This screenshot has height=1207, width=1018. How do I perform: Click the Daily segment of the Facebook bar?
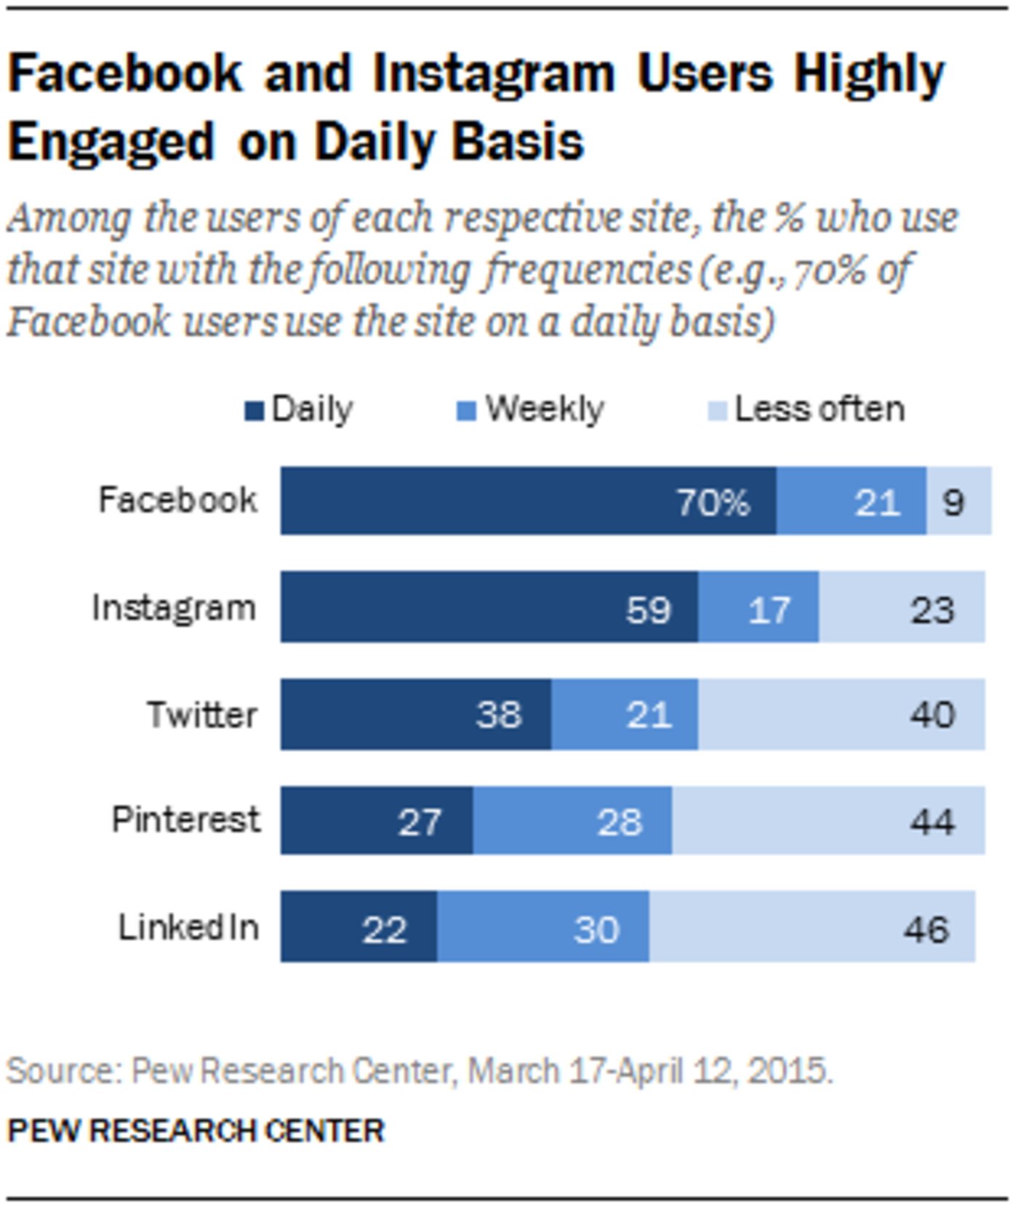click(528, 501)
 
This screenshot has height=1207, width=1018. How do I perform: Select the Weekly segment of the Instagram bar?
click(758, 607)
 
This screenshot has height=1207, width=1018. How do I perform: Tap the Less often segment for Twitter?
click(841, 714)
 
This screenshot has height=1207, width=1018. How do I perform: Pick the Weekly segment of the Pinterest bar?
click(572, 820)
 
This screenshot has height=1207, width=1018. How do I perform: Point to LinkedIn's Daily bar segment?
click(358, 927)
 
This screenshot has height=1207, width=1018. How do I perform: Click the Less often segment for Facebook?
click(958, 501)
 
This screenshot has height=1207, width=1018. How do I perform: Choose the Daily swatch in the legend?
click(254, 412)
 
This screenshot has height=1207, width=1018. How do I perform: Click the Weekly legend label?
click(544, 409)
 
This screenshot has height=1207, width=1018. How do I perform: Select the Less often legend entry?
click(819, 409)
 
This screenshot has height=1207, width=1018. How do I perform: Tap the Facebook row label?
click(177, 500)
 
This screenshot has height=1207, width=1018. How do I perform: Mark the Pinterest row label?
click(185, 819)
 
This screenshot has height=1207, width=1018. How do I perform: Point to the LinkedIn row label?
click(188, 927)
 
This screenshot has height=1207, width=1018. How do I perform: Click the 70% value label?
click(713, 502)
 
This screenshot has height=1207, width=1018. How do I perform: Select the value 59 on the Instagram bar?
click(648, 609)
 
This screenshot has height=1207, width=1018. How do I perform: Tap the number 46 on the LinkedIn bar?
click(926, 929)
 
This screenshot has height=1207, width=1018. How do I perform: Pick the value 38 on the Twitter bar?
click(499, 715)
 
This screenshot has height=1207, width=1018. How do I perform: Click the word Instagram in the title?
click(494, 75)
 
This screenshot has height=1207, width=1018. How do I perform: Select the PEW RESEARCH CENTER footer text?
click(196, 1131)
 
